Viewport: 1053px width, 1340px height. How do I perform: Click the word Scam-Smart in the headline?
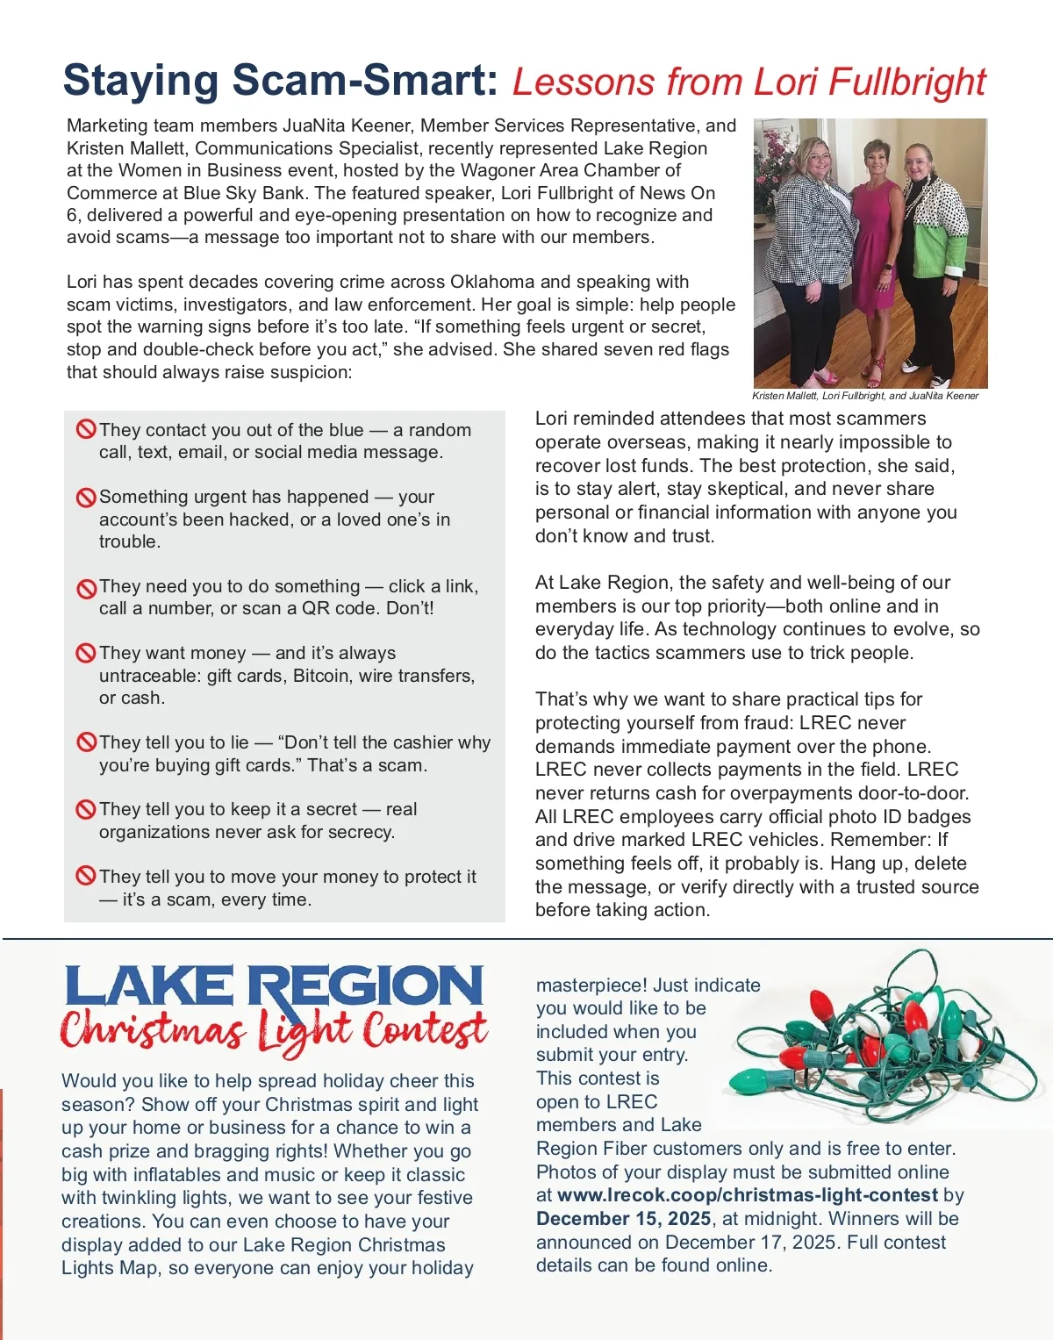(360, 81)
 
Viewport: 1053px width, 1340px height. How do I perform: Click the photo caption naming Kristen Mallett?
(864, 396)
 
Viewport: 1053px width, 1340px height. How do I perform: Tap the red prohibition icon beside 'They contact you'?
(86, 430)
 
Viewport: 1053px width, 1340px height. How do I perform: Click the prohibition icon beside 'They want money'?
(86, 653)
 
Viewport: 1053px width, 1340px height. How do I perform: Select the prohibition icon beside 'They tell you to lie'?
(86, 742)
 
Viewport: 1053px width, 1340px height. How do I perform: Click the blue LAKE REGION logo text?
(274, 986)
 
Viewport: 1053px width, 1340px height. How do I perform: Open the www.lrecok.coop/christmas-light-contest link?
(748, 1195)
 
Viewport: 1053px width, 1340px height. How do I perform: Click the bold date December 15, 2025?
(623, 1219)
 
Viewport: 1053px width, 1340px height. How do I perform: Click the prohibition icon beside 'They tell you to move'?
(86, 876)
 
